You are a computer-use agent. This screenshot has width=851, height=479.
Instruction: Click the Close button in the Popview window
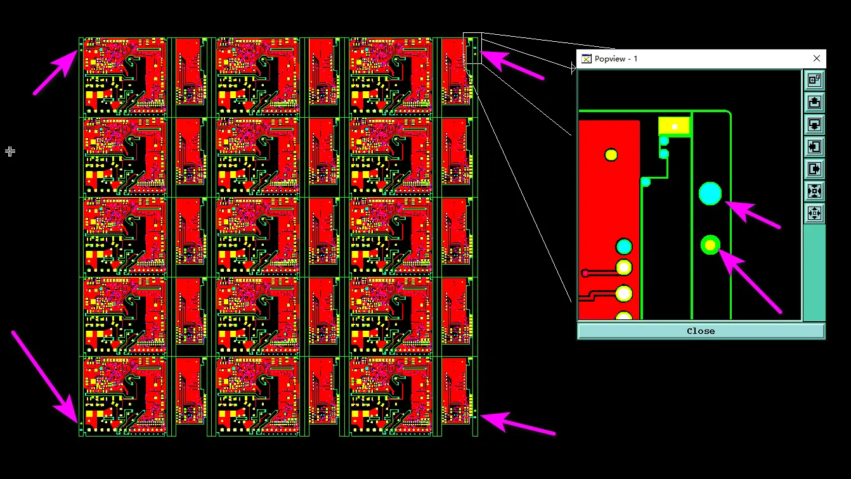tap(701, 331)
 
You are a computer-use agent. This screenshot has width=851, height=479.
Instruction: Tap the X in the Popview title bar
tap(816, 58)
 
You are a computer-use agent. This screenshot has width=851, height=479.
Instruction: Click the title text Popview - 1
tap(616, 59)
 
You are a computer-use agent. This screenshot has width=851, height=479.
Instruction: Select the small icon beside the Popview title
tap(586, 59)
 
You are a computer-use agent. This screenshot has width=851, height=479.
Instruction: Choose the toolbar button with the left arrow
tap(814, 147)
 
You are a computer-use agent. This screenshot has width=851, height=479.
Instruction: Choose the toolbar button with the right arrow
tap(814, 169)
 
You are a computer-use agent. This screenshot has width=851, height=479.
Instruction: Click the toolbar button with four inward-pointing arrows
tap(814, 191)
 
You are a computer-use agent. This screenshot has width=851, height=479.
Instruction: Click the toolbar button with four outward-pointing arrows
tap(814, 214)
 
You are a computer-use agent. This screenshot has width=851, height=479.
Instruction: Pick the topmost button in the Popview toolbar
tap(814, 80)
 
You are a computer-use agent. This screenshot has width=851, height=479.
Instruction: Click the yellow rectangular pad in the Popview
tap(674, 126)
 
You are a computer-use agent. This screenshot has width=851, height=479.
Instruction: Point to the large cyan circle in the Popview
tap(710, 194)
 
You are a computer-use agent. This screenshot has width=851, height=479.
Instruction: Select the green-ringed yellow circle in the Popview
tap(710, 245)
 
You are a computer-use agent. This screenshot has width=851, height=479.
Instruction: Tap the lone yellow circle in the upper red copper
tap(611, 155)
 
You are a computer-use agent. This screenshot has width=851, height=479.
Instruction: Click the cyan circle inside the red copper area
tap(624, 247)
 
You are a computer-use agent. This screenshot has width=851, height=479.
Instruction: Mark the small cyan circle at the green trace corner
tap(646, 182)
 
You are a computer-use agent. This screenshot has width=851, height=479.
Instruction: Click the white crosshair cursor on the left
tap(10, 151)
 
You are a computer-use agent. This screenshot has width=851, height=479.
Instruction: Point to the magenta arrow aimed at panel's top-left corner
tap(55, 72)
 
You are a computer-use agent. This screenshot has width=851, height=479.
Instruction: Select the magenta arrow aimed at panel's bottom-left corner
tap(45, 377)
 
